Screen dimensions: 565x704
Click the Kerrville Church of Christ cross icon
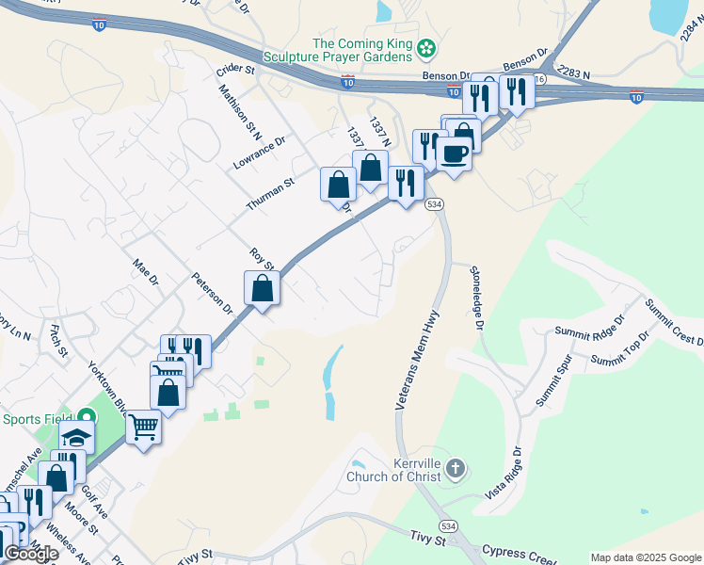[x=456, y=468]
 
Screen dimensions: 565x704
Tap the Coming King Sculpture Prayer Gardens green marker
[x=426, y=46]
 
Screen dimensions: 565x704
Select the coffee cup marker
[x=455, y=153]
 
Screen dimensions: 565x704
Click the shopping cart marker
[x=143, y=428]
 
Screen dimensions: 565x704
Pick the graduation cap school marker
[x=76, y=437]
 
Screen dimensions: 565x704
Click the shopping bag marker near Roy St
[x=263, y=288]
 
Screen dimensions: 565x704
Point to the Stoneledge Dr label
[x=477, y=297]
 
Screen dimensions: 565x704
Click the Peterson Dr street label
[x=212, y=293]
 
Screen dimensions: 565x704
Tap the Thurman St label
[x=270, y=194]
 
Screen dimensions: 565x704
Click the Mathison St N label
[x=239, y=105]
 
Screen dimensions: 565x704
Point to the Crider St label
[x=235, y=69]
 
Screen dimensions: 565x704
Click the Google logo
[x=31, y=554]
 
